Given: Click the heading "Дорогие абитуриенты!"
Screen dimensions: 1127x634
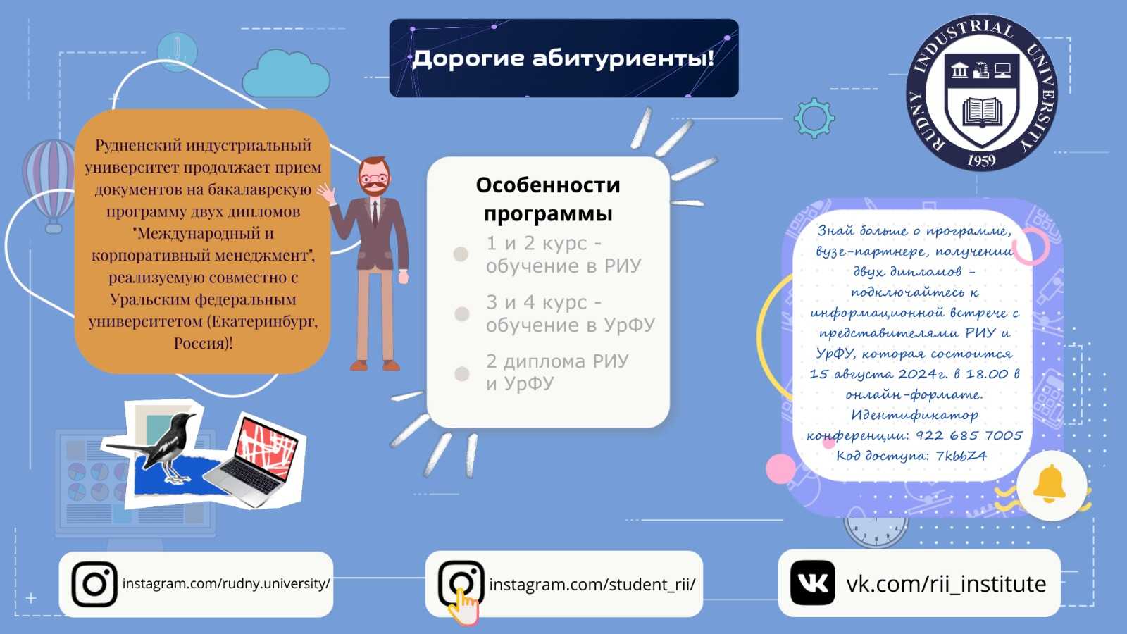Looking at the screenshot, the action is click(x=563, y=58).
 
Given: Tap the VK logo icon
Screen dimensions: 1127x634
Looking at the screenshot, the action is click(x=813, y=583).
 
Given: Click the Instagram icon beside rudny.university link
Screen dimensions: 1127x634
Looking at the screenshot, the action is click(x=94, y=584).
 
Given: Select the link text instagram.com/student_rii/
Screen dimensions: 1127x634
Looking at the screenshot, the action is click(x=592, y=584).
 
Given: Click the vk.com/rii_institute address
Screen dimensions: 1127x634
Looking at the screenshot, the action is click(x=946, y=584).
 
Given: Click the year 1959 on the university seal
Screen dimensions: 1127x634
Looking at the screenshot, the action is click(x=981, y=161).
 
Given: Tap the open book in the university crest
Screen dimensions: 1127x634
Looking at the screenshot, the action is click(x=982, y=112).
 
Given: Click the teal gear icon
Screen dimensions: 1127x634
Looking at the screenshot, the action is click(x=814, y=118).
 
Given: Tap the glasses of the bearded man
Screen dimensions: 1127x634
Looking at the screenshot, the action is click(x=374, y=178).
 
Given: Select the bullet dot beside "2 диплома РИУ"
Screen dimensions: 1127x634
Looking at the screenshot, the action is click(x=462, y=374).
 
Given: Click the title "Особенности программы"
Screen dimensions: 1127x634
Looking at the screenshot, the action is click(x=548, y=199).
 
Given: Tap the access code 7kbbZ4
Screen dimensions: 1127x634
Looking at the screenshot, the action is click(x=961, y=456).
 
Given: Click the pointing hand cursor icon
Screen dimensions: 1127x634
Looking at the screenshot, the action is click(x=463, y=607).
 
